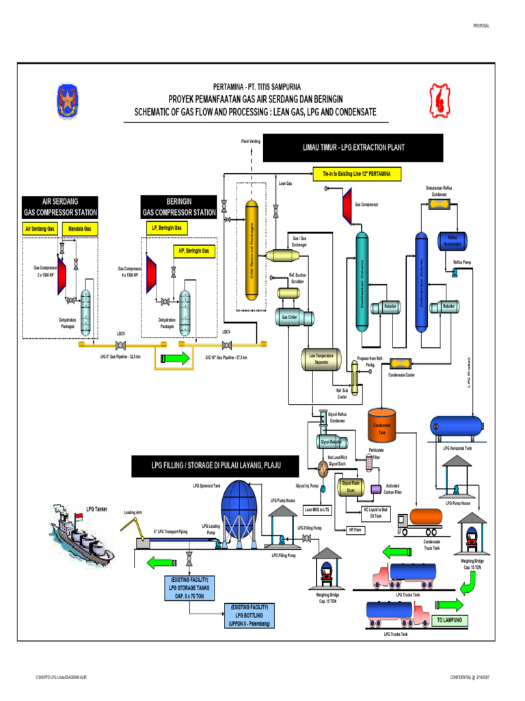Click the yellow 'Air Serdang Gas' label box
pyautogui.click(x=40, y=228)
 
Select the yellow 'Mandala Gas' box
pyautogui.click(x=81, y=228)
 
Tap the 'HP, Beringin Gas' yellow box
pyautogui.click(x=194, y=251)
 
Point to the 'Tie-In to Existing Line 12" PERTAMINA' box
pyautogui.click(x=357, y=175)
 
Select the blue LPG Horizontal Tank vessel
pyautogui.click(x=453, y=427)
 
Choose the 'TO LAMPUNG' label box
pyautogui.click(x=449, y=621)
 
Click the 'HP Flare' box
pyautogui.click(x=355, y=530)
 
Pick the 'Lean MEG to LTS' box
pyautogui.click(x=317, y=510)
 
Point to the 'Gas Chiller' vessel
pyautogui.click(x=289, y=317)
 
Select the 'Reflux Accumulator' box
pyautogui.click(x=452, y=241)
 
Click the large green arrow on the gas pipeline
pyautogui.click(x=174, y=357)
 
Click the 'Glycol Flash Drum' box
pyautogui.click(x=351, y=487)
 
